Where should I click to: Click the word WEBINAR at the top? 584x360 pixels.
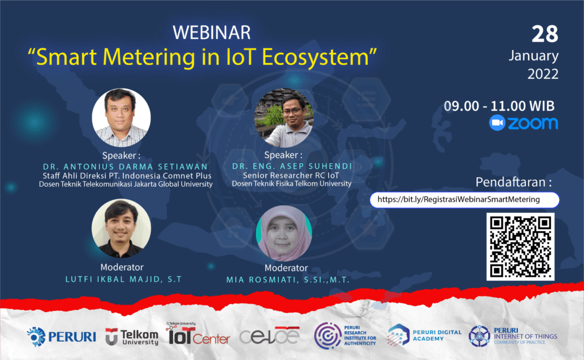(212, 33)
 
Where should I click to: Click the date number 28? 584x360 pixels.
(545, 34)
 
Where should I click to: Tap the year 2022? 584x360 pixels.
(543, 74)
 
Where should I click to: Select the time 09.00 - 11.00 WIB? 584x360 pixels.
(499, 106)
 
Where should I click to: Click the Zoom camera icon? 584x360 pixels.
(497, 123)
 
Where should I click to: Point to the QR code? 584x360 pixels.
(520, 246)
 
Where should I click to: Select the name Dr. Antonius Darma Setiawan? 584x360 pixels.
(125, 167)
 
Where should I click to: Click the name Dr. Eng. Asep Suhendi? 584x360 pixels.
(292, 166)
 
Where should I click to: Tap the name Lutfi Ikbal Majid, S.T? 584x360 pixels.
(124, 279)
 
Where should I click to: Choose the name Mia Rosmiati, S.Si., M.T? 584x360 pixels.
(288, 280)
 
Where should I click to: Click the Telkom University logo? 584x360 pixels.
(132, 337)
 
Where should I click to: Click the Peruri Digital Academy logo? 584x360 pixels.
(424, 335)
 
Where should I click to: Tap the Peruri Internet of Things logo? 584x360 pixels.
(513, 336)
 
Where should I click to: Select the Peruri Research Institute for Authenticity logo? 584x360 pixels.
(345, 336)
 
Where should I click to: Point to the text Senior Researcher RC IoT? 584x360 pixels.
(291, 176)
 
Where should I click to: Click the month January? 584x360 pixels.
(533, 56)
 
